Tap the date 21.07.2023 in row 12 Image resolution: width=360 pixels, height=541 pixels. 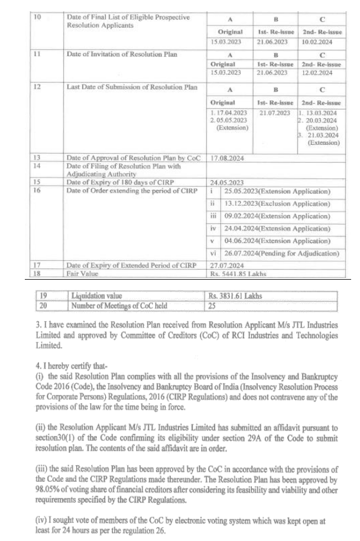click(x=273, y=112)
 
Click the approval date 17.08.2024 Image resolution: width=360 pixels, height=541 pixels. click(x=228, y=158)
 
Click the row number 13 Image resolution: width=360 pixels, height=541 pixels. click(x=37, y=158)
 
